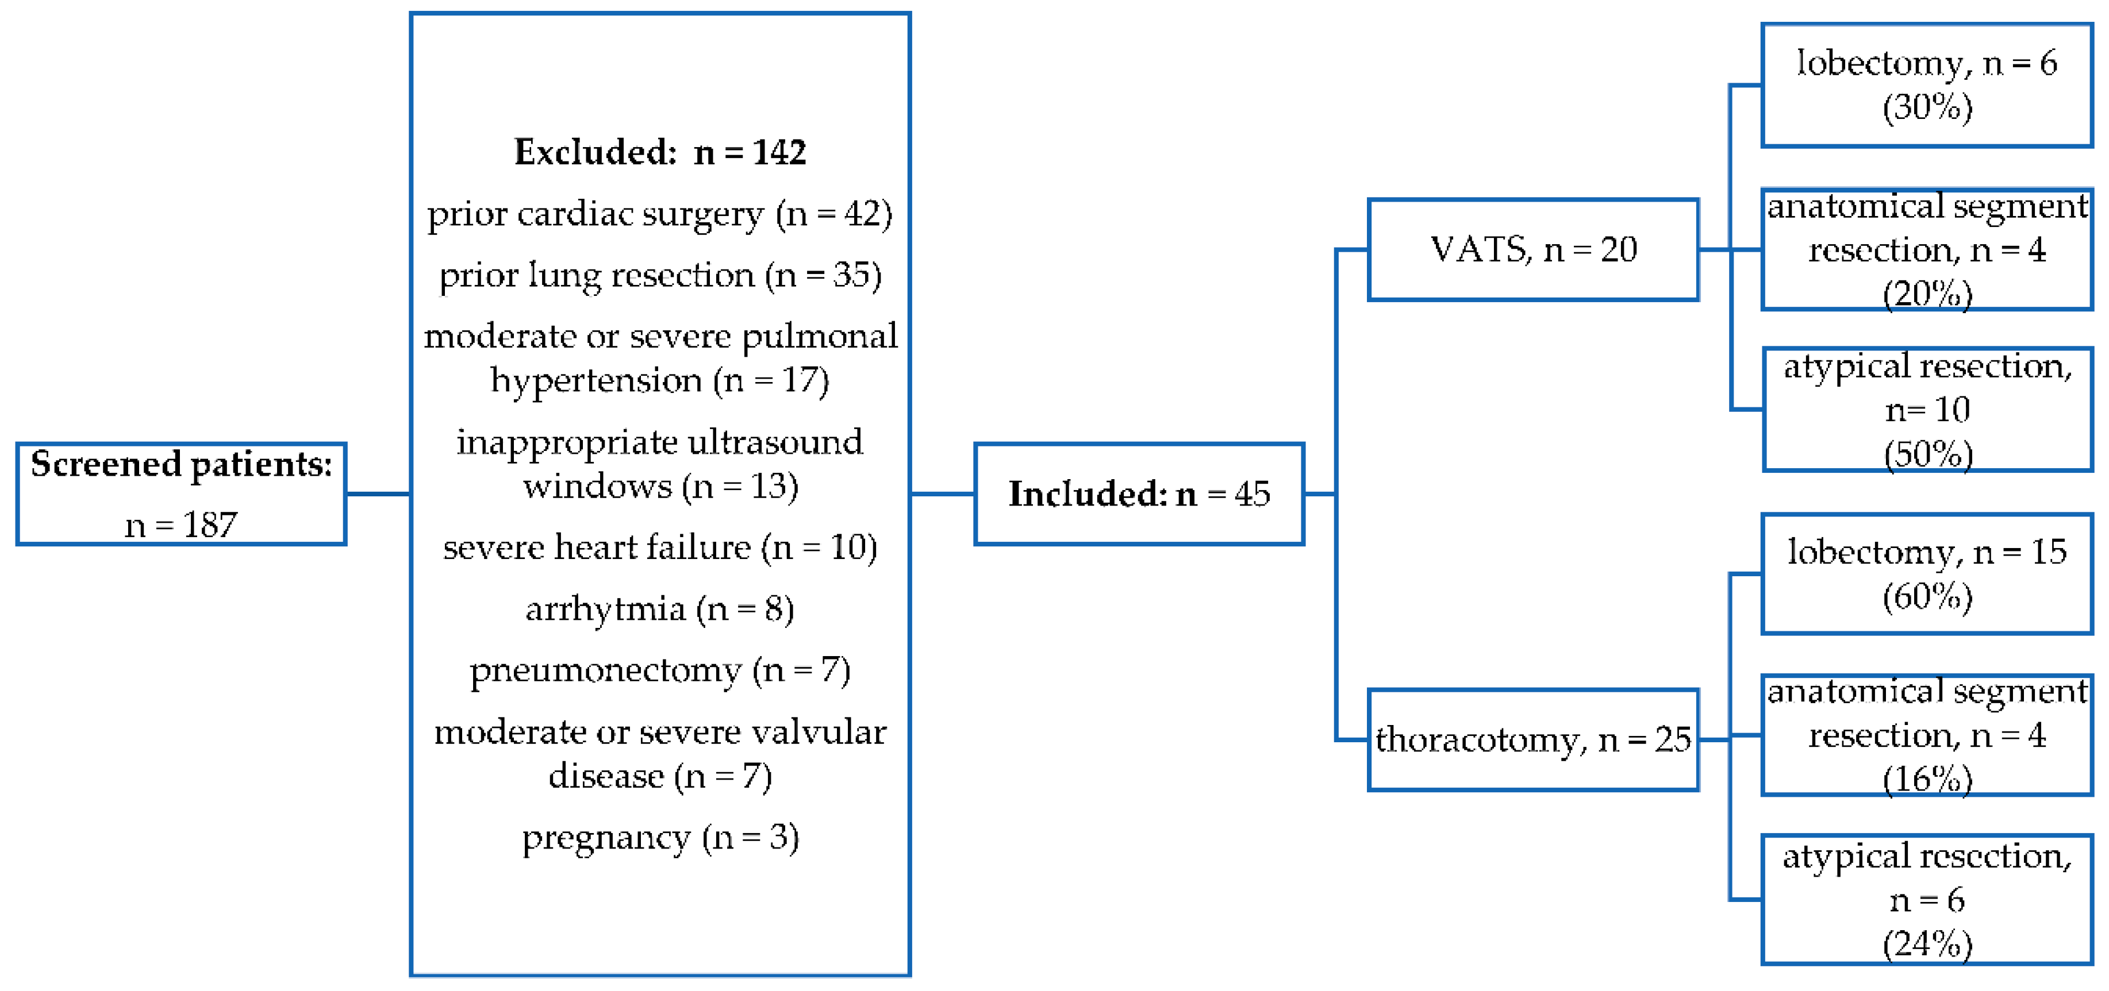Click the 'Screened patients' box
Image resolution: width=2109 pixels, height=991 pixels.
tap(181, 493)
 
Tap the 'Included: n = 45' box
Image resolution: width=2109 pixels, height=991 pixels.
tap(1138, 493)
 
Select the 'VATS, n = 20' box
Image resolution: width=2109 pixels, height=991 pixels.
tap(1532, 249)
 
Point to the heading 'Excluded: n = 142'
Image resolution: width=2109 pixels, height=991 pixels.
tap(660, 152)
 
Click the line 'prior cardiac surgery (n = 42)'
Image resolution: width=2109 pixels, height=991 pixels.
tap(660, 214)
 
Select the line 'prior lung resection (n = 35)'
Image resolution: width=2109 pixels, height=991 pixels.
tap(660, 276)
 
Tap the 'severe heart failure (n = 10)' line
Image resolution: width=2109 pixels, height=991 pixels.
tap(660, 547)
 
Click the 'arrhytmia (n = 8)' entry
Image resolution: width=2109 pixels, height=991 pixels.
tap(660, 609)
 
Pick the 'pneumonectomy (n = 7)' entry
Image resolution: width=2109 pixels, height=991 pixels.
tap(660, 670)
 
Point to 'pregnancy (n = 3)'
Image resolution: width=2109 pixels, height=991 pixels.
tap(660, 837)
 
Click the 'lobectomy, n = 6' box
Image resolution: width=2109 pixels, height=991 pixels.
tap(1926, 85)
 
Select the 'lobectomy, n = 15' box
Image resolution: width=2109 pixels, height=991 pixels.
tap(1926, 574)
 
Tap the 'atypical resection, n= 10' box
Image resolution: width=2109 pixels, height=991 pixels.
tap(1926, 409)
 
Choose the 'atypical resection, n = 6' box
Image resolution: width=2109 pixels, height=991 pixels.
tap(1926, 899)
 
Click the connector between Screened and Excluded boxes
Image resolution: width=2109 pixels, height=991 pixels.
tap(378, 493)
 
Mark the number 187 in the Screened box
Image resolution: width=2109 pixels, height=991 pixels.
tap(210, 525)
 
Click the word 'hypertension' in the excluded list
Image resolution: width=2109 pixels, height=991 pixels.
tap(595, 380)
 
